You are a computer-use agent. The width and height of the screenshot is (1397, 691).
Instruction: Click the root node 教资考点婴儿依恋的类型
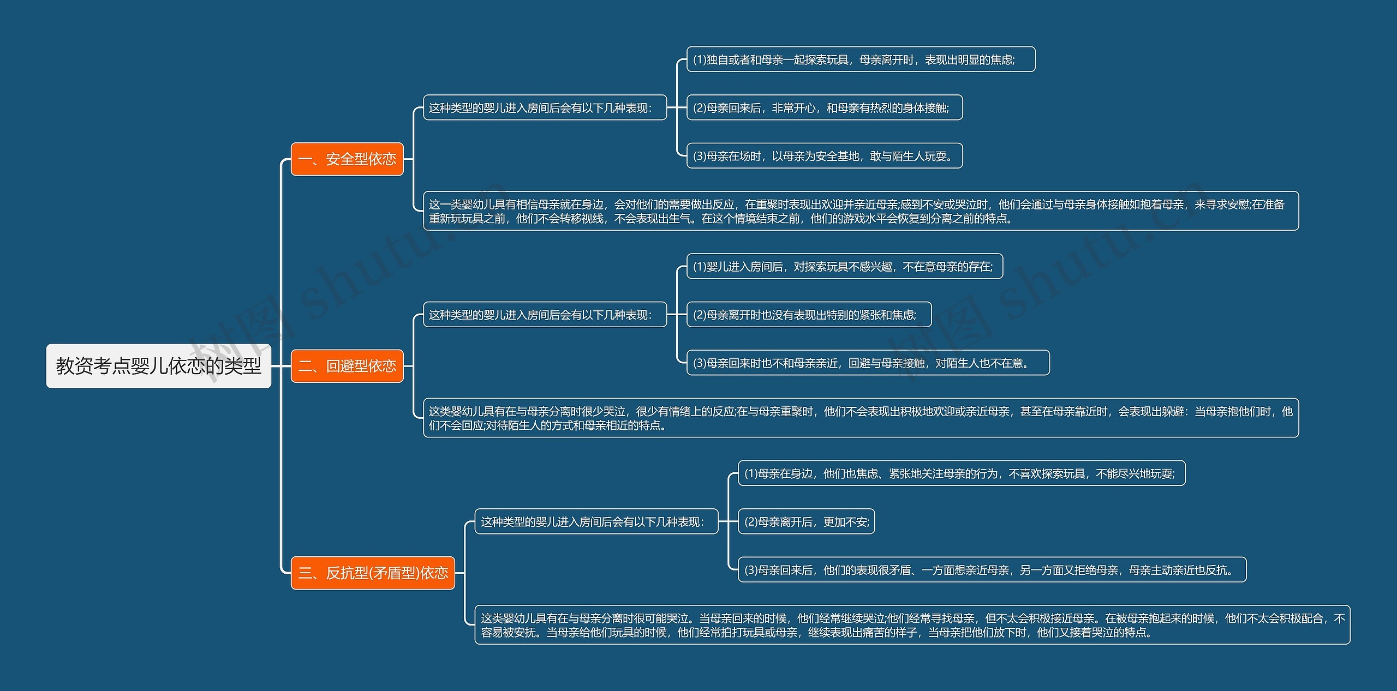click(158, 366)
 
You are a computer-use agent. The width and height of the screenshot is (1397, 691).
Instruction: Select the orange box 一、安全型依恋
click(347, 159)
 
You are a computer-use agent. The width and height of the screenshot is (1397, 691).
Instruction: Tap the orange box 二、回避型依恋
click(347, 366)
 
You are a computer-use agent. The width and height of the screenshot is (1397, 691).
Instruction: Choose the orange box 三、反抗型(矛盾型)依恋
click(373, 573)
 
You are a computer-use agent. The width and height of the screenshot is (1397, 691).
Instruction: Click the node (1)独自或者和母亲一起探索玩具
click(861, 59)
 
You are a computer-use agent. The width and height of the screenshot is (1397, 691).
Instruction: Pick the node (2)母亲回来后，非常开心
click(824, 108)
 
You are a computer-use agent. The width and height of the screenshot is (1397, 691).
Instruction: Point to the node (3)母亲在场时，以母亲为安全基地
click(824, 156)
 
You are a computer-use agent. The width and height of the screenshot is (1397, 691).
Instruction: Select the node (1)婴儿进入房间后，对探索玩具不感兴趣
click(844, 267)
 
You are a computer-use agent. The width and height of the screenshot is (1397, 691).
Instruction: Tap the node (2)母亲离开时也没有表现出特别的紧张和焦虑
click(809, 315)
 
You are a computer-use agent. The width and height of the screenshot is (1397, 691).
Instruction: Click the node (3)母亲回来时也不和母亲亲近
click(868, 363)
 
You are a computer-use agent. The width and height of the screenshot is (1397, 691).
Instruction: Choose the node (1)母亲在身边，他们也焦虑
click(962, 473)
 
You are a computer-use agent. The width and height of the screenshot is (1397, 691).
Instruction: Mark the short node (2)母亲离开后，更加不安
click(806, 522)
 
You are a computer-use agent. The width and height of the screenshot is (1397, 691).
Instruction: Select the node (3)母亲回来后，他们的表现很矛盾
click(992, 570)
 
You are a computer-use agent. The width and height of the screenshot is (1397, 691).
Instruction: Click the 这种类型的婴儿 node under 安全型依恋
click(545, 108)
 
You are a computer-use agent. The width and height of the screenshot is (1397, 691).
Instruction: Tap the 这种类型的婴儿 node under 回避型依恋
click(545, 315)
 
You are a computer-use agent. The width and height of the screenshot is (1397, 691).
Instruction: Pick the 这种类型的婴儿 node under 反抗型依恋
click(596, 522)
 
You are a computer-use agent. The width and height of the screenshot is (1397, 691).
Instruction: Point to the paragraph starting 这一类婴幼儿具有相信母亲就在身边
click(861, 211)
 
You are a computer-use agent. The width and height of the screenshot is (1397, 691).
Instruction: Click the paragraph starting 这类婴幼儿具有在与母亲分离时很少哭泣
click(861, 418)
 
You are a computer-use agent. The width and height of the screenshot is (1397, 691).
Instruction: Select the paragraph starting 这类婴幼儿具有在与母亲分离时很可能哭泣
click(912, 625)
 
